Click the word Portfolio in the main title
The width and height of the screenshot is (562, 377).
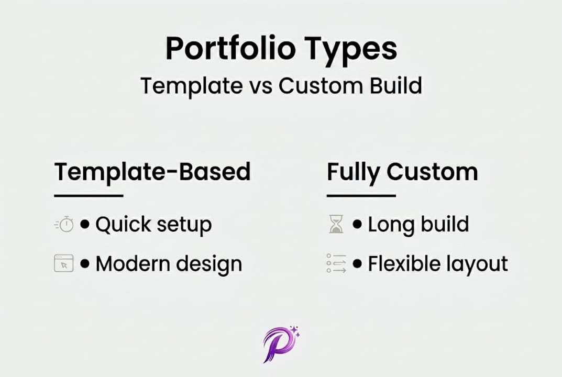[230, 48]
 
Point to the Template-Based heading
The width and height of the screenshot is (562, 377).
[152, 172]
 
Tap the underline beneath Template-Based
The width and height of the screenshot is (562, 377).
[89, 196]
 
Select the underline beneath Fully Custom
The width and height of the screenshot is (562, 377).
[361, 196]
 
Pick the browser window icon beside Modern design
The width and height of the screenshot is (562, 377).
[64, 263]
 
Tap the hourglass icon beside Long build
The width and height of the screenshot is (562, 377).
[336, 224]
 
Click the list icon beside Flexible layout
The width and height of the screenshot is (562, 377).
[337, 263]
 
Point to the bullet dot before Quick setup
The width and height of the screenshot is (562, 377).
[85, 224]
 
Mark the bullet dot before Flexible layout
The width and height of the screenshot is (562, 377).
[357, 264]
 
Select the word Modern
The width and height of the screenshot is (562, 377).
[133, 264]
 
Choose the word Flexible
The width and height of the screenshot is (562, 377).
[400, 263]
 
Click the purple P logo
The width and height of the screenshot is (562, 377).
[281, 345]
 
